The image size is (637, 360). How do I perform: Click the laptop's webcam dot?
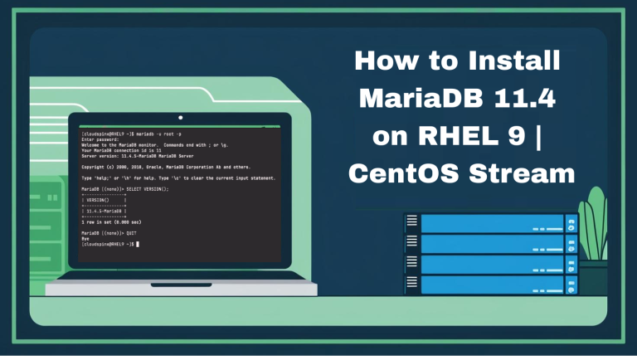click(180, 117)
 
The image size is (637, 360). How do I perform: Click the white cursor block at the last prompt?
click(138, 245)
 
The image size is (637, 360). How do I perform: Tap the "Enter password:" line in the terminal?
click(100, 139)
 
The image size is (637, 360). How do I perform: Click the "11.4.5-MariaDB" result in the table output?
click(103, 212)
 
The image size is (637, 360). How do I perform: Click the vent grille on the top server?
click(412, 223)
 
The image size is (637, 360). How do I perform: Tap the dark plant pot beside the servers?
click(593, 276)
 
